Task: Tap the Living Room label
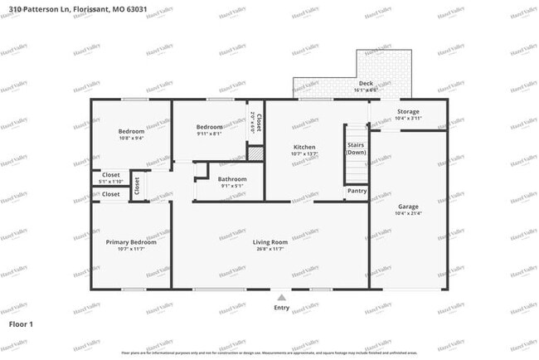(x=270, y=242)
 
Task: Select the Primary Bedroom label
(x=131, y=242)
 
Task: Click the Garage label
(x=408, y=207)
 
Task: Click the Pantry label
(x=357, y=191)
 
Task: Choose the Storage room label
(x=408, y=111)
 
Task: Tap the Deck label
(x=366, y=84)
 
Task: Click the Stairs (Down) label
(x=356, y=148)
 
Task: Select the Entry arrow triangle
(x=282, y=297)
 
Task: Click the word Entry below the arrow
(x=282, y=308)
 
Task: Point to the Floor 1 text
(x=21, y=324)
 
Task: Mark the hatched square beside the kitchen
(x=256, y=153)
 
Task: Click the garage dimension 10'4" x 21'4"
(x=408, y=213)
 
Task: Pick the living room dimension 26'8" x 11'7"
(x=270, y=249)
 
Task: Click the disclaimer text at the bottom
(x=269, y=353)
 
